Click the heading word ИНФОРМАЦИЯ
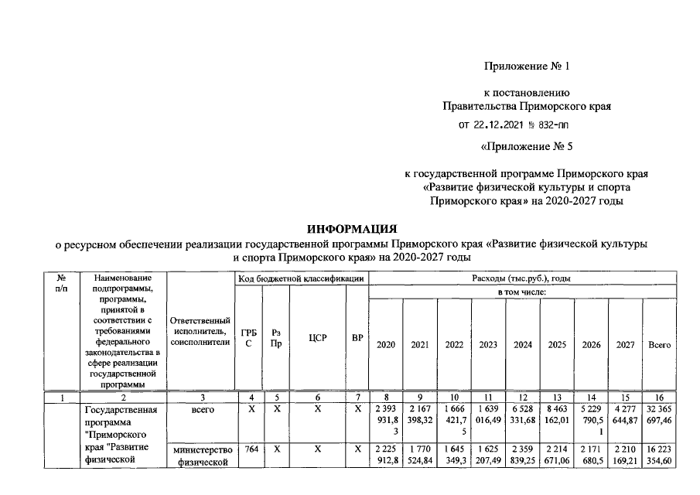[352, 229]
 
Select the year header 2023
[488, 345]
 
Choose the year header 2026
[592, 345]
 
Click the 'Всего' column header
[659, 345]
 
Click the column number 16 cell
[659, 398]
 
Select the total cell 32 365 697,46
[659, 415]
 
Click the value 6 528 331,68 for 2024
[523, 415]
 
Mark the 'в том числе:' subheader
[522, 292]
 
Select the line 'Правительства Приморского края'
[526, 106]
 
